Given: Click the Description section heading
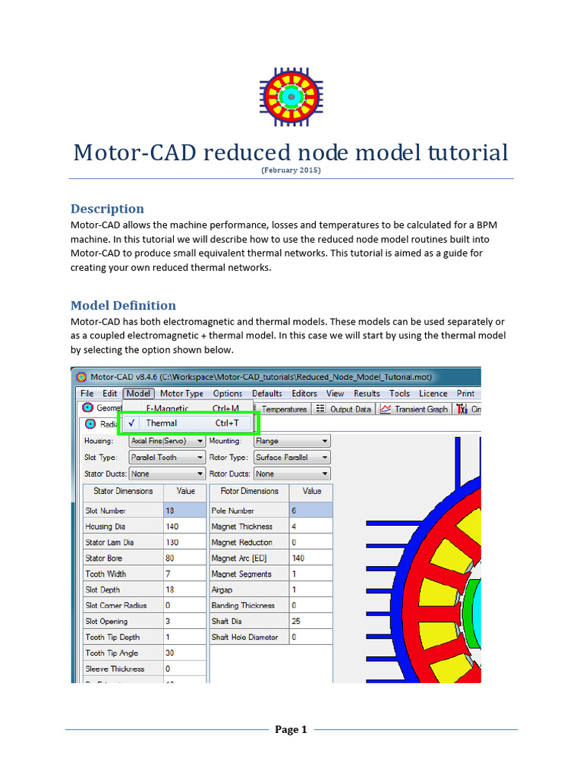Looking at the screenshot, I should tap(107, 209).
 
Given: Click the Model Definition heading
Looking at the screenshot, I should tap(123, 306).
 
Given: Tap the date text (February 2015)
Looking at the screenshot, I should tap(291, 171).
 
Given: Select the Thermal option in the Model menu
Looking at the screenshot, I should tap(161, 423).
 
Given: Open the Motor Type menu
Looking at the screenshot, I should tap(181, 394).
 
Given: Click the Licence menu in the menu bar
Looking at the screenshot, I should tap(433, 394).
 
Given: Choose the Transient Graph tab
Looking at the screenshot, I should tap(414, 409).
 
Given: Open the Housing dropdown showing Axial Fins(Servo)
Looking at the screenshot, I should tap(166, 441).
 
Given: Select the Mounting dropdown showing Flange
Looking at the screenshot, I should tap(291, 441).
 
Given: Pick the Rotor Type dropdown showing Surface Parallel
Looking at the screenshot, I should tap(291, 458).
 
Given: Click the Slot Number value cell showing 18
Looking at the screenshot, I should tap(184, 511).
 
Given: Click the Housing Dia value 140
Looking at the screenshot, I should tap(184, 527).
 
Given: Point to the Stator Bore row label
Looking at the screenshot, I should tap(104, 558).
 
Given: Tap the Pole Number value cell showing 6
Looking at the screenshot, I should tap(310, 511).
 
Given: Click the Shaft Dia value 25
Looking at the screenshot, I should tap(310, 621).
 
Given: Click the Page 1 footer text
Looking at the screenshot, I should tap(291, 730).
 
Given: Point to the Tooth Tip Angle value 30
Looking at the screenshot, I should tap(184, 653).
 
